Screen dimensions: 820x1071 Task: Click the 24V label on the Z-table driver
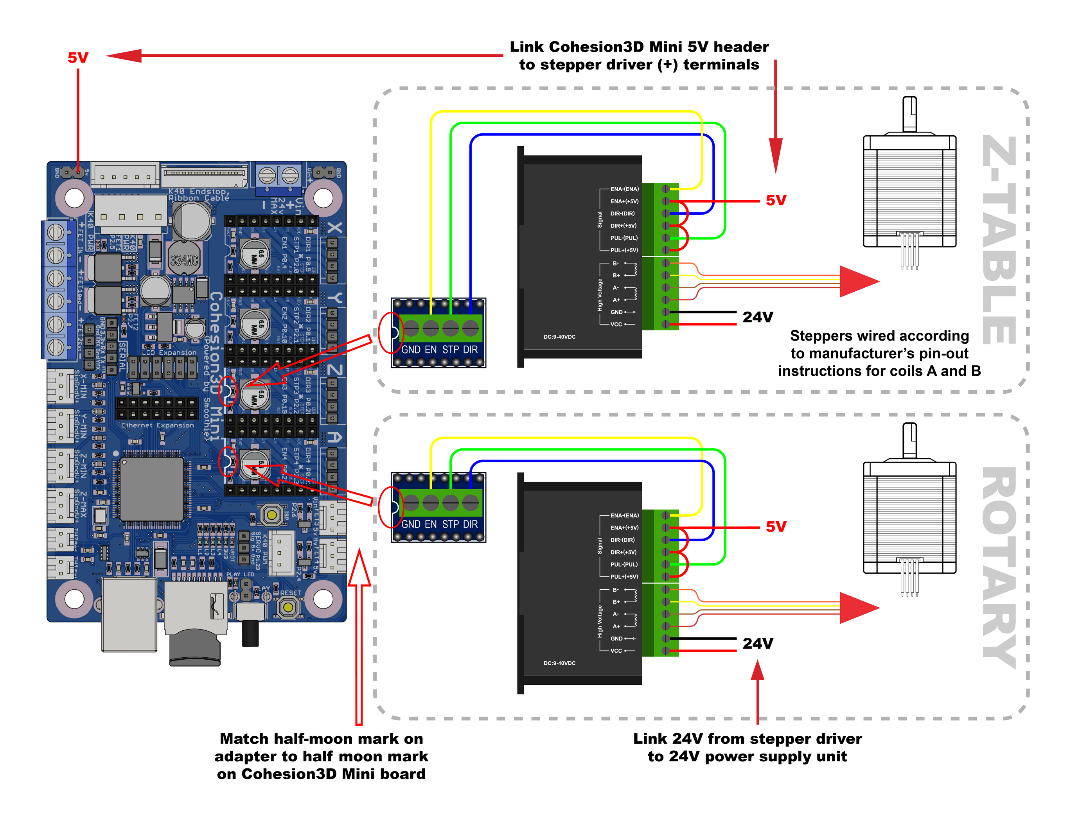tap(757, 317)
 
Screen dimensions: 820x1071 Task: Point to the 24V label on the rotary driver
tap(757, 643)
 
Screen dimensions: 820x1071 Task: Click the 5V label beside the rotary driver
tap(776, 527)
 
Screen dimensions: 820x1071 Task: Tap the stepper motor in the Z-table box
tap(909, 190)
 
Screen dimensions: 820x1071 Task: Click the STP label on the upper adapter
tap(450, 350)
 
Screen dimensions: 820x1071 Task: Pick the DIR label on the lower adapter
tap(470, 524)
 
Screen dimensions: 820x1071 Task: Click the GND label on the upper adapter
tap(411, 350)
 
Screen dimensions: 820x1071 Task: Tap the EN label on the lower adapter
tap(431, 524)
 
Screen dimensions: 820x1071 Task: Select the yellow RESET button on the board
tap(288, 607)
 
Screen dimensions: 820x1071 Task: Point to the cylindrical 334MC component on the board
tap(184, 259)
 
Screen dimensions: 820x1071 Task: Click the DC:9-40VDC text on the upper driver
tap(559, 337)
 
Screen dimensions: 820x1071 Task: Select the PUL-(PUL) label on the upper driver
tap(624, 238)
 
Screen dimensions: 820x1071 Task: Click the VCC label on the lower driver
tap(616, 651)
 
